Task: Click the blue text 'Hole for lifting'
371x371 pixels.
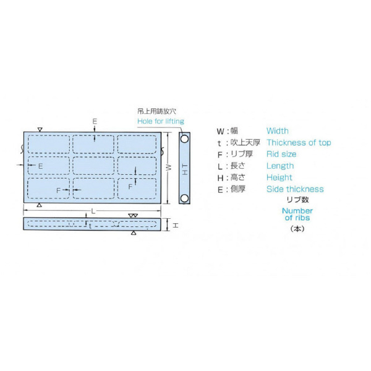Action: [161, 121]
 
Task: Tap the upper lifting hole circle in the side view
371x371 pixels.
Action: [184, 139]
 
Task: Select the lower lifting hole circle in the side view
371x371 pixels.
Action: [184, 198]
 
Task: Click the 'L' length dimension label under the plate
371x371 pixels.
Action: [93, 211]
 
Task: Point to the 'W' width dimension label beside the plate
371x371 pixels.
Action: [168, 168]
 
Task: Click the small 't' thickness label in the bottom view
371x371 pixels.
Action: [90, 226]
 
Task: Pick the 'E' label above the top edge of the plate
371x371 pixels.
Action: [95, 122]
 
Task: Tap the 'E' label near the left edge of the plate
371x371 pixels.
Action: [40, 166]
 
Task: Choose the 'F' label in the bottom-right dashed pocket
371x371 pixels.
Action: [130, 187]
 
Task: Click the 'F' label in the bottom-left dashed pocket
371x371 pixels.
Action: [59, 190]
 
